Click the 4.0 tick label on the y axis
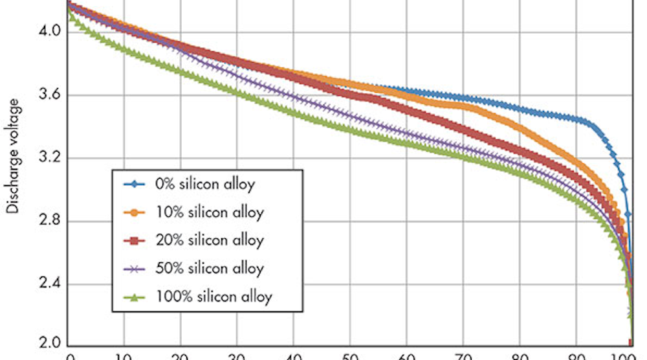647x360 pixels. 50,30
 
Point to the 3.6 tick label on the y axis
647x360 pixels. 50,95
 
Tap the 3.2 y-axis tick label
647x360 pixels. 50,158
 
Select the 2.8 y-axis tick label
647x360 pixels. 50,221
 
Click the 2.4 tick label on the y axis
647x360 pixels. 50,284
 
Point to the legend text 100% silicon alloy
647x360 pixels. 214,297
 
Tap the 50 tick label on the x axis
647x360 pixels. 349,355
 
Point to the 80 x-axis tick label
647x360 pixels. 518,355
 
